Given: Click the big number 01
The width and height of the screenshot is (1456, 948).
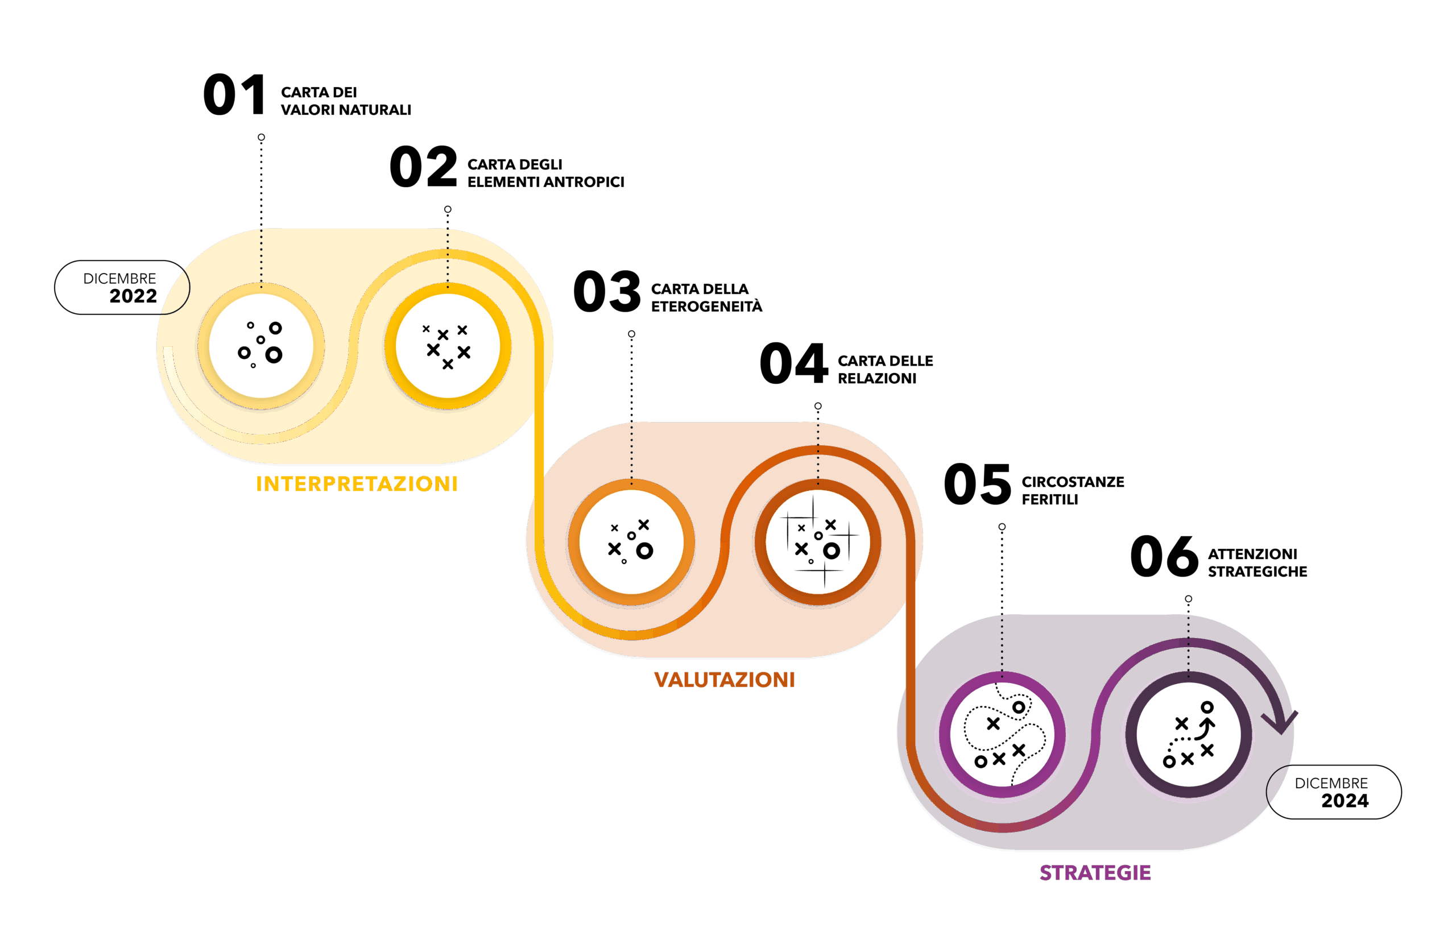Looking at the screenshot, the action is [234, 95].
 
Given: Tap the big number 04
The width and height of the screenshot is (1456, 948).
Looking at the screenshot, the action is [793, 363].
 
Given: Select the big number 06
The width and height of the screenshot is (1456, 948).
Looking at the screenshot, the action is [1164, 556].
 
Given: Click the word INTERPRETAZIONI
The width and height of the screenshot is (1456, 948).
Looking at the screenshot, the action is [357, 484].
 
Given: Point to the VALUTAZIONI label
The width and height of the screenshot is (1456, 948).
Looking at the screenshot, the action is [725, 680].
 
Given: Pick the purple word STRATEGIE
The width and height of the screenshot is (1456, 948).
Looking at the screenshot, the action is [1095, 873].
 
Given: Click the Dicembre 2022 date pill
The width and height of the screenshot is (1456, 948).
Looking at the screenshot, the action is [122, 287].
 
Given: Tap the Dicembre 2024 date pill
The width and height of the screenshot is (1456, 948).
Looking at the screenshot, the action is [1334, 792].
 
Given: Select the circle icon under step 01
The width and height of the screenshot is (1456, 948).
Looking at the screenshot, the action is [261, 346].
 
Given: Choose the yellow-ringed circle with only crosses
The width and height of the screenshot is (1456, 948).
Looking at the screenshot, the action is [448, 346].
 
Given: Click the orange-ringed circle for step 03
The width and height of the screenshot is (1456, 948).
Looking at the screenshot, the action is [631, 542].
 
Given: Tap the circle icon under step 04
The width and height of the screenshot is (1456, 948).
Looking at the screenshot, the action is [818, 542].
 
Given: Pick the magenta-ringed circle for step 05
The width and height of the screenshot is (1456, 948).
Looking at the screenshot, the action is [1002, 735].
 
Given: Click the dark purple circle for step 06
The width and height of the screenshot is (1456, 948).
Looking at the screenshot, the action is [1189, 735].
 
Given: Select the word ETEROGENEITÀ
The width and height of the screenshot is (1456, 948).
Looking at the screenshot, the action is [706, 306].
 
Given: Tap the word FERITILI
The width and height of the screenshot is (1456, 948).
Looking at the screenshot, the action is [1050, 500].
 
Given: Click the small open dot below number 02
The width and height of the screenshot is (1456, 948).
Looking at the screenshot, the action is [448, 209].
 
